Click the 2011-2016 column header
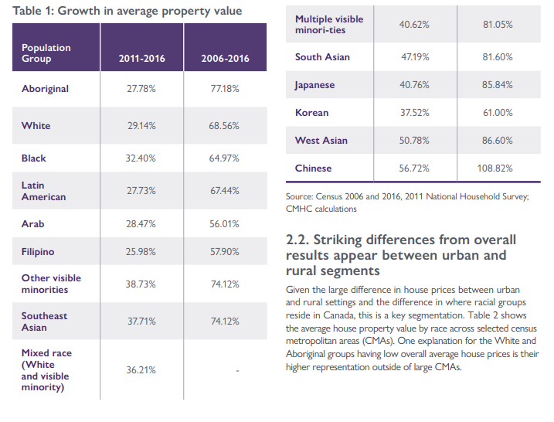coord(141,58)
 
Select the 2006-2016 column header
coord(225,58)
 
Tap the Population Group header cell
coord(46,53)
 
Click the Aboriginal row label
coord(46,89)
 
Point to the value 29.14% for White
coord(141,126)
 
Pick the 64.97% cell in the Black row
coord(224,158)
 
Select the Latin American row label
coord(44,191)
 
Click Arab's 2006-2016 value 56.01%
coord(224,223)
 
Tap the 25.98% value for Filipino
coord(141,252)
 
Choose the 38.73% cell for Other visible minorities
coord(141,284)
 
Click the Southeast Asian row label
coord(44,322)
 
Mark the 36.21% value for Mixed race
coord(141,370)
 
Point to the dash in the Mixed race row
coord(237,371)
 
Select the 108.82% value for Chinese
coord(495,168)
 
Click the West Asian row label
coord(321,141)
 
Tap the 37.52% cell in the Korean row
coord(414,113)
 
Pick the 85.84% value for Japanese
coord(497,85)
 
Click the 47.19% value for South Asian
coord(415,57)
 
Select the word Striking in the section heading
coord(338,240)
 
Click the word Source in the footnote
coord(299,196)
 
